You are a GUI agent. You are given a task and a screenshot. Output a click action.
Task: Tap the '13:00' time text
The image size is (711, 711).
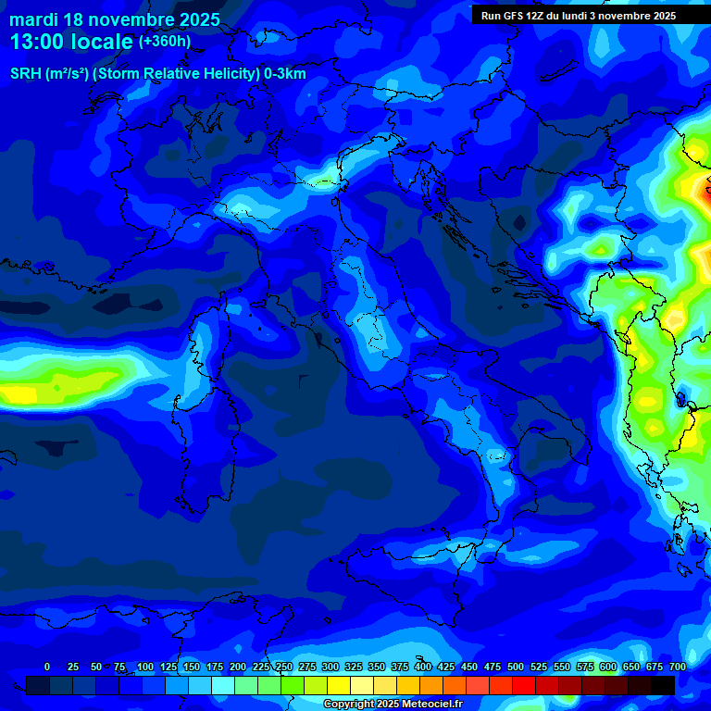coord(35,42)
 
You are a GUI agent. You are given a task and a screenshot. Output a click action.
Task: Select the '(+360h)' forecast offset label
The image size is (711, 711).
coord(166,42)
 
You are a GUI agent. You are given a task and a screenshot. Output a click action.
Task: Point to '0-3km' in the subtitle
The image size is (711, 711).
coord(285,74)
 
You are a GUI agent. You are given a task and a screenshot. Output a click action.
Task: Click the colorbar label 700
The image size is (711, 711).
coord(677,667)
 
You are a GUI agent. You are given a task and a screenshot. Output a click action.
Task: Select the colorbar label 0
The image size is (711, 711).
coord(47,667)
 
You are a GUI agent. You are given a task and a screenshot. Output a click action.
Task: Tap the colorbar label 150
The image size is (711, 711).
coord(168,667)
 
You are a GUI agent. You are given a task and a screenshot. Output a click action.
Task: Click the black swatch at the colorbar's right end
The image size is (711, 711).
coord(662,685)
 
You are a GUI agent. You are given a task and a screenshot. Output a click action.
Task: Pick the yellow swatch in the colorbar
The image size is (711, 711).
coord(338,685)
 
